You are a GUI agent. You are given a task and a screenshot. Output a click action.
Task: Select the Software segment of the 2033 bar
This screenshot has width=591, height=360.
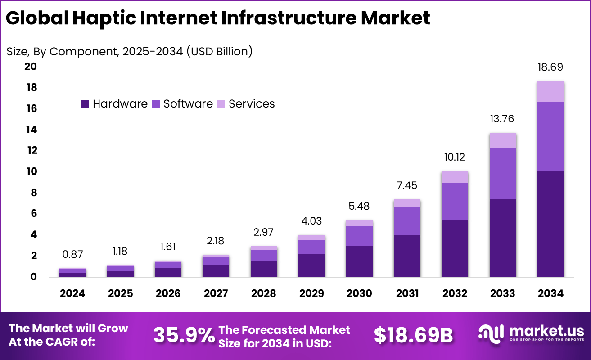pos(502,174)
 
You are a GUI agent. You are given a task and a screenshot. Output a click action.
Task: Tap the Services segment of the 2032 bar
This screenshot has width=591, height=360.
pos(455,177)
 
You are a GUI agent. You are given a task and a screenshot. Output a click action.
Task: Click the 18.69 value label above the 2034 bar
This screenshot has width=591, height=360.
pos(550,67)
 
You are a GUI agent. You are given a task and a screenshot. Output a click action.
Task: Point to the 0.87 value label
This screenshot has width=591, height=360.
pos(73,254)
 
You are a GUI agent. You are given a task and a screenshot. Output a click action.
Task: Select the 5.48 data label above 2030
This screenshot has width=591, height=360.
pos(359,206)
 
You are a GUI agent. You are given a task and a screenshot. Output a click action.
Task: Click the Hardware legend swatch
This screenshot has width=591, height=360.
pos(86,104)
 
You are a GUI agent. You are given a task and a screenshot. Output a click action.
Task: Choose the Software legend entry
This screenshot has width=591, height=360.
pos(182,104)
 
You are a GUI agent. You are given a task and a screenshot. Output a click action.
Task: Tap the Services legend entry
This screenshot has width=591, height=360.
pos(246,104)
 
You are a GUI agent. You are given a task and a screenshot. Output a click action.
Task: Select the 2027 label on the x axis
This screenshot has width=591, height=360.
pos(216,293)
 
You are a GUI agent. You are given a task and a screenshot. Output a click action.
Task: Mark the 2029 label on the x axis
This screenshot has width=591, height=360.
pos(311,293)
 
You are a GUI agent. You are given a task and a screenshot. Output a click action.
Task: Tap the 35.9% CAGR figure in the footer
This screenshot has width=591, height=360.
pos(184,335)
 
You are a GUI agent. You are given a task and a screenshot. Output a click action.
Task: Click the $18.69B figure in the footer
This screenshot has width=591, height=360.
pos(413,335)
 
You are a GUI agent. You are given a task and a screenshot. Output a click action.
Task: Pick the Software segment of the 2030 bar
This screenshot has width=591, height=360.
pos(359,236)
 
